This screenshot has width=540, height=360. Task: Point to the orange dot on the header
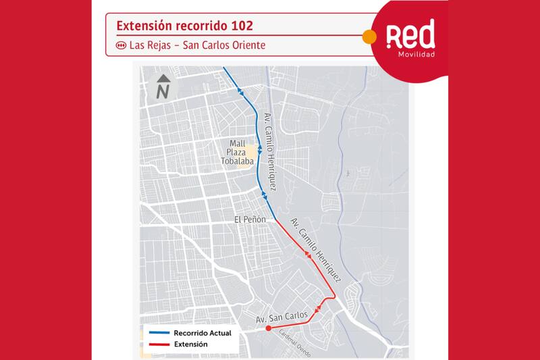[369, 36]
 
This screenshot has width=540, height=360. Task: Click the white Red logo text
[410, 34]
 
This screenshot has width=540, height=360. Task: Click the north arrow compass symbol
[162, 88]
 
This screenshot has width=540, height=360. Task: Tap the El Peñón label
[247, 220]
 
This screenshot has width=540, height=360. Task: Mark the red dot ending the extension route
[269, 328]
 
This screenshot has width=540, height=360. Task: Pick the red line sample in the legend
[157, 344]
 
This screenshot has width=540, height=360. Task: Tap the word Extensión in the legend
[190, 344]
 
